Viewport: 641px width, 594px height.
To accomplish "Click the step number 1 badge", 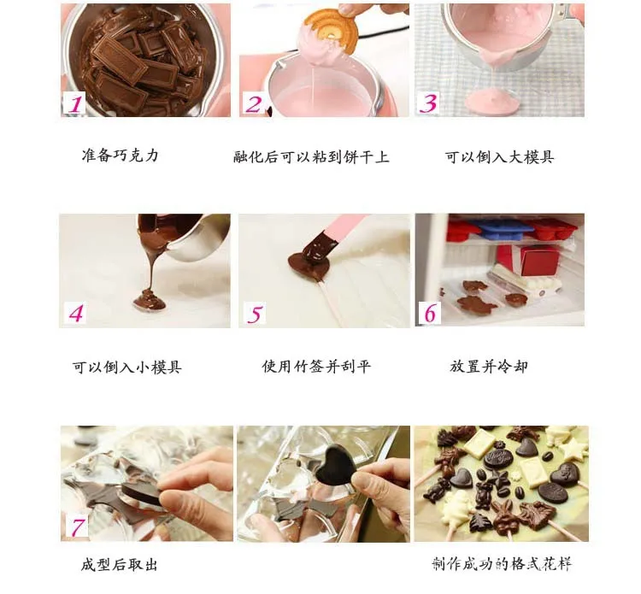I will [75, 103].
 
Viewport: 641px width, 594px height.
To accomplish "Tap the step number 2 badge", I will [254, 103].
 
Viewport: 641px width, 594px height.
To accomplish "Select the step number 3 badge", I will [428, 103].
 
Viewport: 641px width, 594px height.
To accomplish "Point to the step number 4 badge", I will [76, 314].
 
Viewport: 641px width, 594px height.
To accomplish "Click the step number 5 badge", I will [255, 314].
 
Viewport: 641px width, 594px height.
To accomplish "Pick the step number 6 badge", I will [429, 313].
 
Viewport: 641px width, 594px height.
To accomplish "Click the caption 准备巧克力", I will [120, 156].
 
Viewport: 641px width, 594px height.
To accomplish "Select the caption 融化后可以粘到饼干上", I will [311, 157].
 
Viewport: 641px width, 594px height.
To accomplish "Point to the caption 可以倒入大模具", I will [499, 157].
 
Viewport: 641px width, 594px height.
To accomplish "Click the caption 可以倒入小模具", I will [126, 368].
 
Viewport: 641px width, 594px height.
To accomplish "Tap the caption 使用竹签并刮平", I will [316, 367].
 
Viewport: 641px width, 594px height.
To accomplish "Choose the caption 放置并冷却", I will [489, 367].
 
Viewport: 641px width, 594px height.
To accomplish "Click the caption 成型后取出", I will [120, 565].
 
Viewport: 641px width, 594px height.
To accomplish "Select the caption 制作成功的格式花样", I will [501, 564].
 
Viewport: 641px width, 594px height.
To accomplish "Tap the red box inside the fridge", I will [526, 259].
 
